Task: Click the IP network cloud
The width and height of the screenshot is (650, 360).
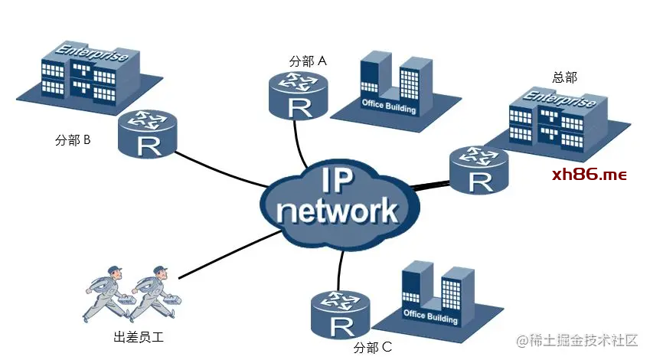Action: click(340, 205)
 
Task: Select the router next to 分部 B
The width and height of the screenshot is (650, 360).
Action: click(148, 133)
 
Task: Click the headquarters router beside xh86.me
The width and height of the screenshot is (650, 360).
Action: click(479, 170)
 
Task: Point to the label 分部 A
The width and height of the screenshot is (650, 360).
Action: click(308, 61)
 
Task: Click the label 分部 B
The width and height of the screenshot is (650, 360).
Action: click(73, 140)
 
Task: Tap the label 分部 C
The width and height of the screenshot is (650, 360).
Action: click(373, 347)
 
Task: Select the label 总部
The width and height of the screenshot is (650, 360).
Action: click(564, 77)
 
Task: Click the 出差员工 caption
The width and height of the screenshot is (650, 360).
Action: click(139, 337)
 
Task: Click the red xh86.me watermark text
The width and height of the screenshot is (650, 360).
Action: click(589, 175)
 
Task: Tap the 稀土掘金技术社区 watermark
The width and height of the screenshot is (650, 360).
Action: click(577, 341)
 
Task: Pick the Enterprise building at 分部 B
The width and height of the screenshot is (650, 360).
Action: click(89, 77)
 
